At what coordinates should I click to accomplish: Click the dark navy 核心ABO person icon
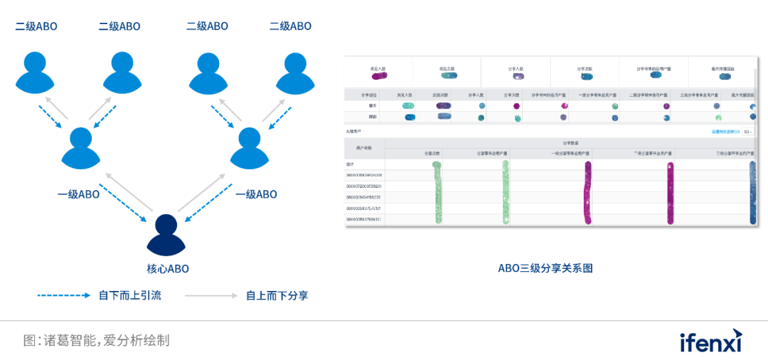[x=166, y=235]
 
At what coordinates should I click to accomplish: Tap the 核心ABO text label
[x=167, y=269]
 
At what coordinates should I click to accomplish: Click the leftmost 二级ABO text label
[x=36, y=26]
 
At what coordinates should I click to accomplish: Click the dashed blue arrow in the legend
[x=64, y=295]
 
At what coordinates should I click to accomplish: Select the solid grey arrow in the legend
[x=210, y=295]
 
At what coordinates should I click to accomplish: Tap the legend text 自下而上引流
[x=130, y=295]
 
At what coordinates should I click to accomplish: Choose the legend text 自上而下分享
[x=277, y=295]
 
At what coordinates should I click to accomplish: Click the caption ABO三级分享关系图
[x=545, y=268]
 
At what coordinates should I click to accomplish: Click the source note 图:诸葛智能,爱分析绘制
[x=96, y=340]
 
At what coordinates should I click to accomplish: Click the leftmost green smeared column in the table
[x=437, y=193]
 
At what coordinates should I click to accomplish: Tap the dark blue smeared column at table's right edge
[x=752, y=193]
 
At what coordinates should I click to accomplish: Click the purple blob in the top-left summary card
[x=378, y=75]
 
